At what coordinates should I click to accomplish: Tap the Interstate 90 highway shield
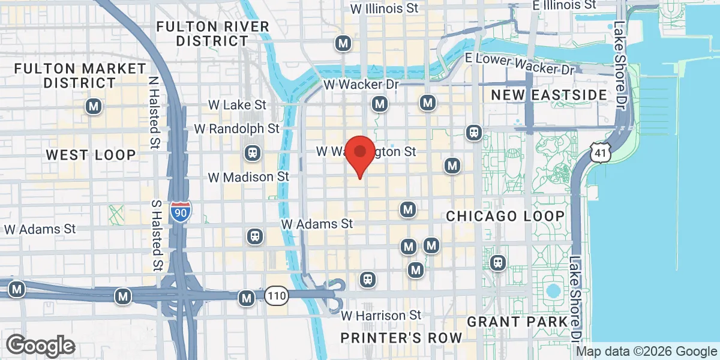pyautogui.click(x=181, y=211)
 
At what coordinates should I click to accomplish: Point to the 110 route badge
pyautogui.click(x=276, y=296)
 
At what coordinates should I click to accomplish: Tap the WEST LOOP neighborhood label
pyautogui.click(x=91, y=155)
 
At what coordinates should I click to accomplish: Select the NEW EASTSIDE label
pyautogui.click(x=549, y=95)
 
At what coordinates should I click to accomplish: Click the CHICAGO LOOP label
pyautogui.click(x=505, y=216)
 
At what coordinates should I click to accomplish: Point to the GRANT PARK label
pyautogui.click(x=517, y=322)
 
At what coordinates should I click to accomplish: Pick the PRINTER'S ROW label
pyautogui.click(x=401, y=337)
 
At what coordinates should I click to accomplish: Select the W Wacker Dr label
pyautogui.click(x=361, y=85)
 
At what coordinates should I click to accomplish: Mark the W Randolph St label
pyautogui.click(x=237, y=128)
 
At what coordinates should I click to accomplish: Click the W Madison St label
pyautogui.click(x=248, y=177)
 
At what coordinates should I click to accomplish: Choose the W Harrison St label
pyautogui.click(x=382, y=315)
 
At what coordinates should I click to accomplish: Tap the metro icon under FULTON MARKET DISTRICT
pyautogui.click(x=93, y=107)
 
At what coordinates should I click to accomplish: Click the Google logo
pyautogui.click(x=41, y=346)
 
